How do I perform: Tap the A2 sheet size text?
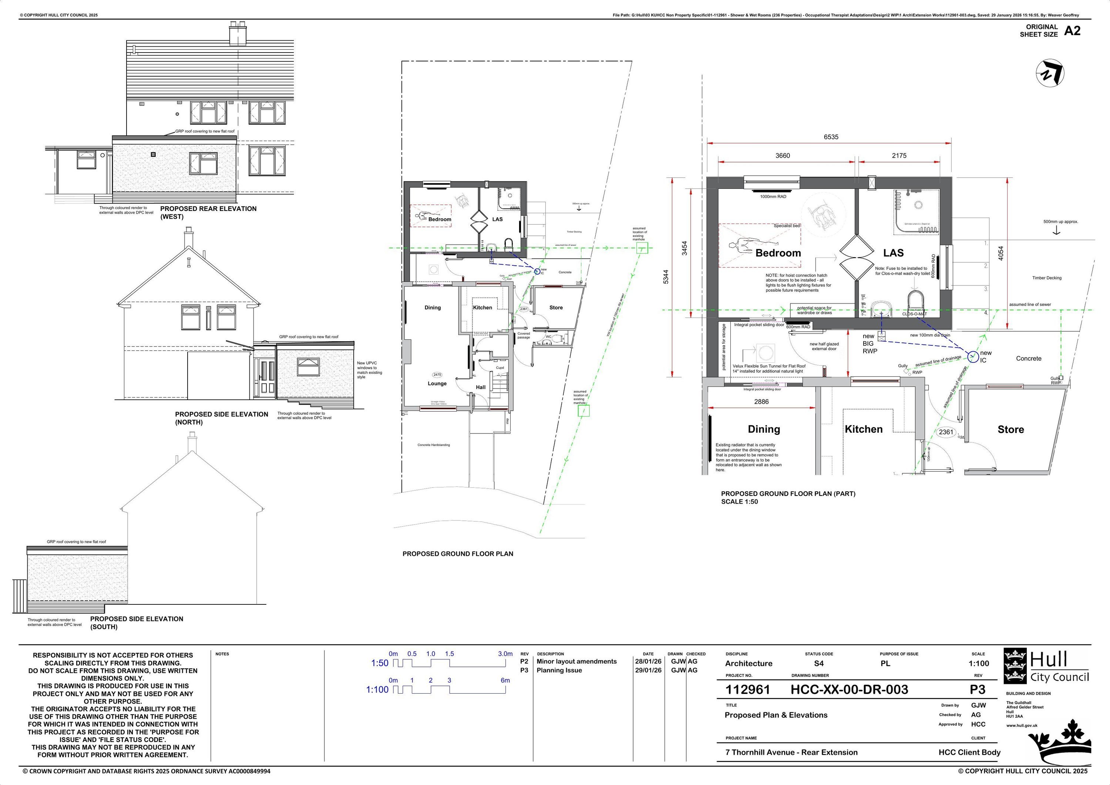pos(1072,31)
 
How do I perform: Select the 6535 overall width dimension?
pos(831,137)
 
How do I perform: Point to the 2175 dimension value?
pos(899,156)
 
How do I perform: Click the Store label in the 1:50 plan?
pos(1010,429)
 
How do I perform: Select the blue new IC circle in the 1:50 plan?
pos(973,356)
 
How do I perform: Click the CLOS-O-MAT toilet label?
pos(914,314)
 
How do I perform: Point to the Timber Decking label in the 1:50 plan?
pos(1047,278)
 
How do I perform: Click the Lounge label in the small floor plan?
pos(437,383)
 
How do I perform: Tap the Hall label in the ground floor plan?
pos(481,387)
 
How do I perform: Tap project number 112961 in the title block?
pos(747,690)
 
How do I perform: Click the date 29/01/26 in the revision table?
pos(648,670)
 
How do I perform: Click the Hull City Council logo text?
pos(1059,667)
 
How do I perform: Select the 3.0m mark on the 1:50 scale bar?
pos(505,654)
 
